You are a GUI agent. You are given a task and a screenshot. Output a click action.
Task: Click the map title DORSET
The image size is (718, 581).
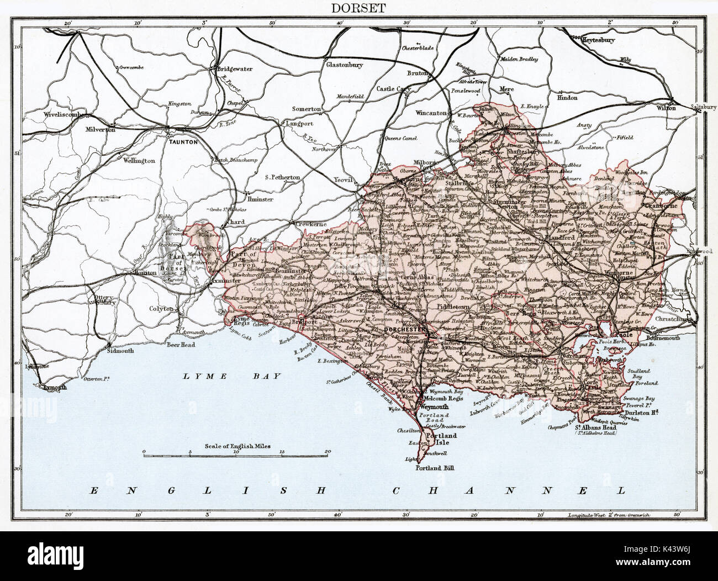click(x=358, y=8)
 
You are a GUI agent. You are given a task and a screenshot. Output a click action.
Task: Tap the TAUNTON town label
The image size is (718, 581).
click(x=178, y=141)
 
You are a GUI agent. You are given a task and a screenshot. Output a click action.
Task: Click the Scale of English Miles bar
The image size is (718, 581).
click(x=235, y=456)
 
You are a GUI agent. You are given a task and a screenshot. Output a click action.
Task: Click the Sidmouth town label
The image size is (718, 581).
click(x=121, y=351)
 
